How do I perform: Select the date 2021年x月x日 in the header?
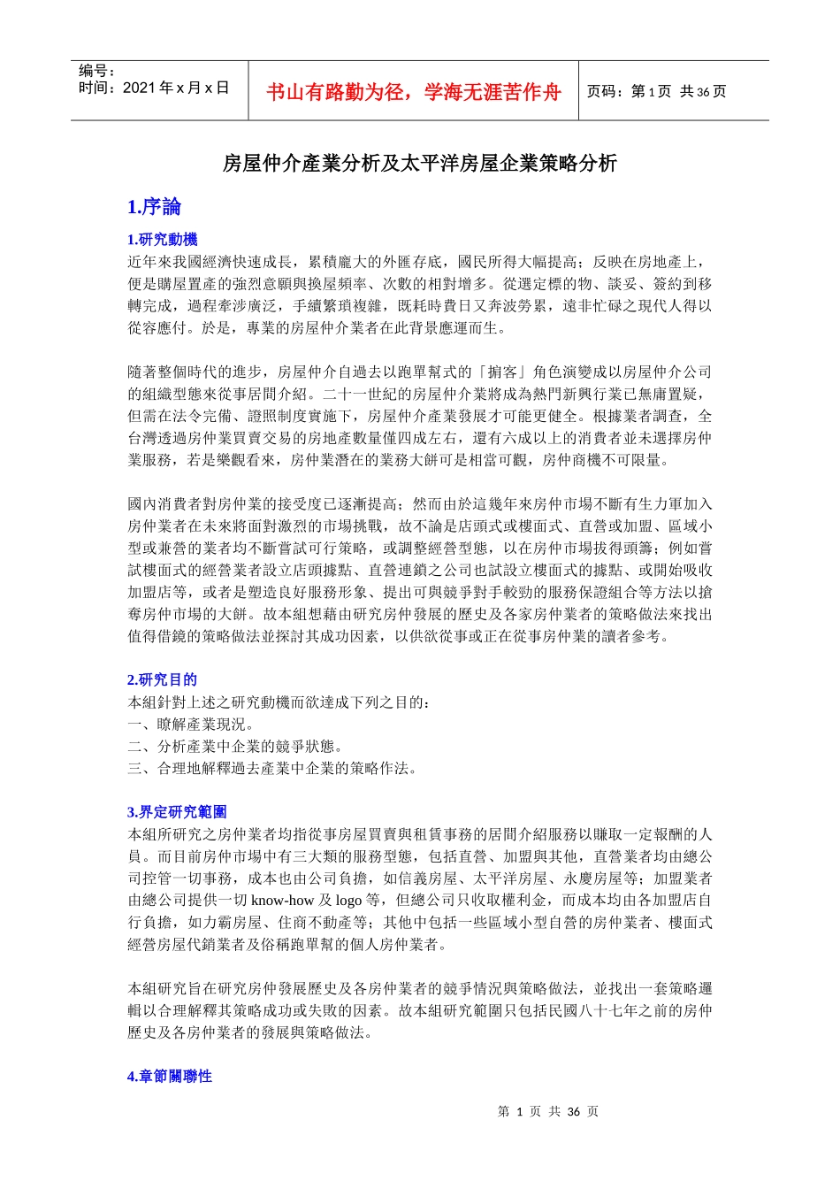tap(176, 88)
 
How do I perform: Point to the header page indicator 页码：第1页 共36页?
tap(656, 91)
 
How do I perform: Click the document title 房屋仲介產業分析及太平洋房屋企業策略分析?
tap(419, 163)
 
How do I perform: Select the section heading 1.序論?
tap(154, 207)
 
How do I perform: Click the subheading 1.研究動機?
tap(163, 239)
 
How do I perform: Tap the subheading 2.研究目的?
tap(163, 679)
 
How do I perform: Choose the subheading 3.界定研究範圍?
tap(177, 811)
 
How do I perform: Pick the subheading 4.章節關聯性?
tap(170, 1076)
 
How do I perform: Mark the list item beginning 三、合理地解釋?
tap(272, 768)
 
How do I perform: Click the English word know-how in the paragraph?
tap(283, 901)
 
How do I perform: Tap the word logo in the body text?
tap(349, 901)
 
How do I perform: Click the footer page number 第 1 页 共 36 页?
tap(548, 1111)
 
